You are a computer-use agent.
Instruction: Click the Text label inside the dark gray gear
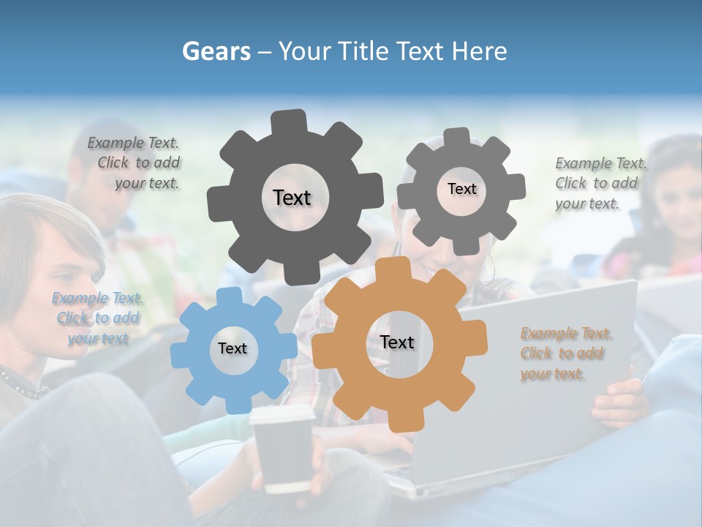pos(292,198)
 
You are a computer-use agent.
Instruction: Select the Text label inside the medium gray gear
pos(461,189)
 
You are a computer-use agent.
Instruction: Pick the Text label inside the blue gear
pos(232,349)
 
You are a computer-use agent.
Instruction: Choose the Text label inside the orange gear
pos(396,343)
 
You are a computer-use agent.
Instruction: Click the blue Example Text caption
pos(97,318)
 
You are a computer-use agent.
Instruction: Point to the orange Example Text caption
pos(566,354)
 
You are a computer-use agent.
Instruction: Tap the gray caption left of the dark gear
pos(136,163)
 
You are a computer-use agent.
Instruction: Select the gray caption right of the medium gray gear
pos(600,183)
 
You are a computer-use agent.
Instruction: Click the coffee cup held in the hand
pos(281,448)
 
